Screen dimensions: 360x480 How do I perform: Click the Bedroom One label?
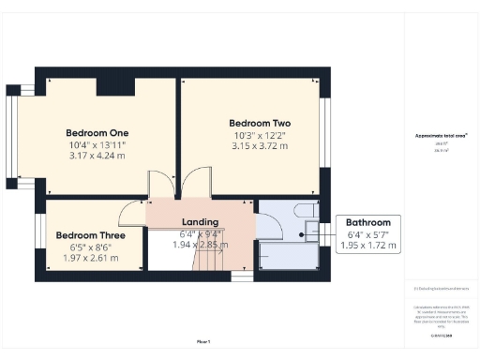click(97, 132)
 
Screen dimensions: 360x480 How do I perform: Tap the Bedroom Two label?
click(260, 123)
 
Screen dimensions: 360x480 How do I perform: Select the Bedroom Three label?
click(90, 235)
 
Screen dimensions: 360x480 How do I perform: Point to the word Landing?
click(199, 221)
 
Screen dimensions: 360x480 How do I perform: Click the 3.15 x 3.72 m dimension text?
click(260, 146)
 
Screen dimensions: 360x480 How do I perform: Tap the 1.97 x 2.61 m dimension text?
click(90, 258)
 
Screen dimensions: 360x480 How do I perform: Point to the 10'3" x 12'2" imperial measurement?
click(260, 135)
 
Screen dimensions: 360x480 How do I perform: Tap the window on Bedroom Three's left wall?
click(39, 242)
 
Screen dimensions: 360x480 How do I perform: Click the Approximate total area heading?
click(441, 135)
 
